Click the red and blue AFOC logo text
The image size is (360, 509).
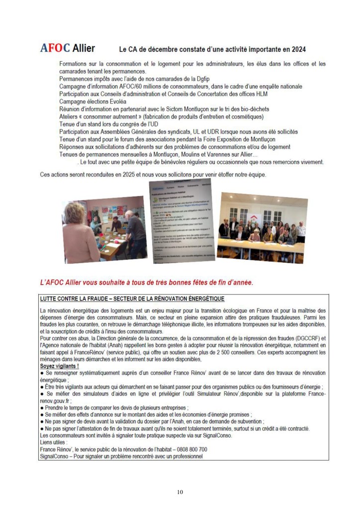click(56, 48)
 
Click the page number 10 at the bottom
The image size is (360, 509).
click(180, 492)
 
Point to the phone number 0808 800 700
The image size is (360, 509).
click(190, 449)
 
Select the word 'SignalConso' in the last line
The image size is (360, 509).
click(55, 456)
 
